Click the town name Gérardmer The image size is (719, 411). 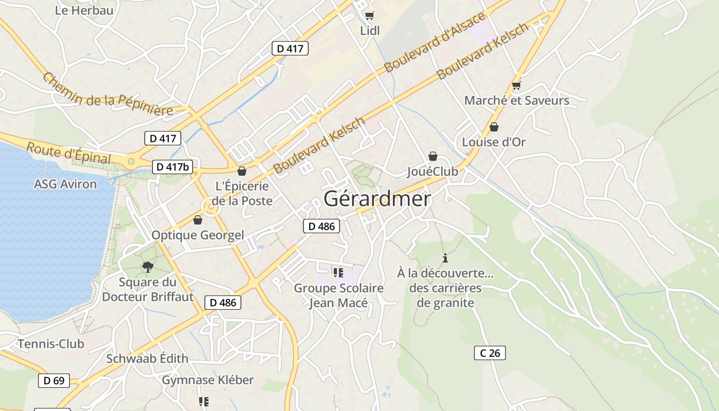(x=377, y=199)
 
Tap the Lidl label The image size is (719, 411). (x=370, y=31)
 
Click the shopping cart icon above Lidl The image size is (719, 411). (x=369, y=16)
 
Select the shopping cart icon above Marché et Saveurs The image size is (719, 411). (x=516, y=85)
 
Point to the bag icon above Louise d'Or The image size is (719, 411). (x=494, y=126)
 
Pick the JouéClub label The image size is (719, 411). (x=432, y=171)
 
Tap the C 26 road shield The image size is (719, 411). (x=489, y=353)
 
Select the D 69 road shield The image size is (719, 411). (x=54, y=381)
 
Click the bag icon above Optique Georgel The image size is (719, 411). (x=198, y=220)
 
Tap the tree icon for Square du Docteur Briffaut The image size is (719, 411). (x=147, y=267)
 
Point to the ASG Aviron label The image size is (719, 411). (x=65, y=184)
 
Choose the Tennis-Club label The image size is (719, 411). (x=51, y=344)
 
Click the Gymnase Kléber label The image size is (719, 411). (x=208, y=380)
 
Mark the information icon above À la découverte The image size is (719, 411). (x=445, y=258)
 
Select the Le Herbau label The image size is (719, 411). (x=84, y=10)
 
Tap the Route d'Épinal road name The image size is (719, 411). (x=68, y=153)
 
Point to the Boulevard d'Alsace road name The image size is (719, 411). (x=434, y=42)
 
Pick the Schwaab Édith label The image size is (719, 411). (x=147, y=359)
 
